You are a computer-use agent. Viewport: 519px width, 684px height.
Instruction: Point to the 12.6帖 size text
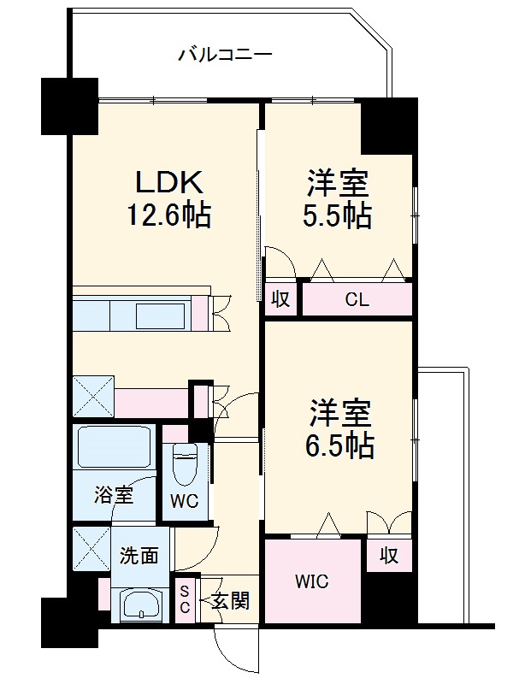168,214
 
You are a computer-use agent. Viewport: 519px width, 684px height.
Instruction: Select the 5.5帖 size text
339,216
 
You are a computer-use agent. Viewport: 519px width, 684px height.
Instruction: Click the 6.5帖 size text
339,445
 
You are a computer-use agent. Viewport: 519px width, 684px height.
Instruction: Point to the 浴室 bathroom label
113,494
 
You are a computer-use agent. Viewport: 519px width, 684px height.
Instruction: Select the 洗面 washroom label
138,554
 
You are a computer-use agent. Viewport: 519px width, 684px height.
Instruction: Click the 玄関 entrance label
230,601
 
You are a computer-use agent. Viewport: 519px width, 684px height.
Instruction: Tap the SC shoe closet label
185,601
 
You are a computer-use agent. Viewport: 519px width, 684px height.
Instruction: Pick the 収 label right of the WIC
389,555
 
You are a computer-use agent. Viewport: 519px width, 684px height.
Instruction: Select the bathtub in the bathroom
114,447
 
